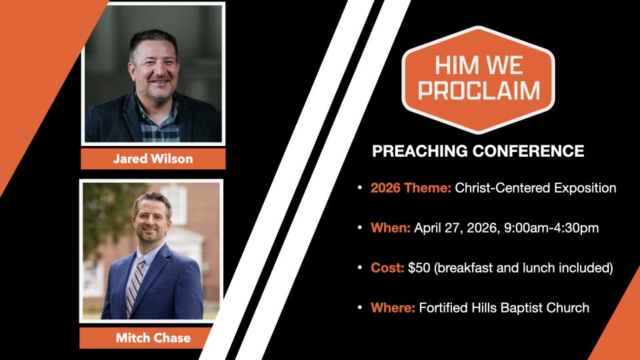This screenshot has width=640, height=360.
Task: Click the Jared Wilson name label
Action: pyautogui.click(x=153, y=159)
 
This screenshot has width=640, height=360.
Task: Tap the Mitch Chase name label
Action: pyautogui.click(x=153, y=337)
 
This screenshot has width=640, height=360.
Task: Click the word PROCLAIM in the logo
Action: pyautogui.click(x=479, y=90)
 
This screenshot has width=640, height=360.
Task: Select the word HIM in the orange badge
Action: pyautogui.click(x=452, y=65)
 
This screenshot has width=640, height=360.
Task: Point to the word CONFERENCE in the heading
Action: pyautogui.click(x=528, y=151)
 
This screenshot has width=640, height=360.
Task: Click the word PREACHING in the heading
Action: pyautogui.click(x=419, y=151)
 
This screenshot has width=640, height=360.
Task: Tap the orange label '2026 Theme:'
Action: pyautogui.click(x=411, y=188)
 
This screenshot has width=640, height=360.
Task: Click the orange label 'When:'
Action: pyautogui.click(x=390, y=227)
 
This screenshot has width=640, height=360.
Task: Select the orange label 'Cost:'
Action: pyautogui.click(x=387, y=267)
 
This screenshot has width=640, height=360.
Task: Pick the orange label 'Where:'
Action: pyautogui.click(x=393, y=307)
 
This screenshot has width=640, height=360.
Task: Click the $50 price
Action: pyautogui.click(x=419, y=267)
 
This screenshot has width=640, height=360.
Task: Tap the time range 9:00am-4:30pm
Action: pyautogui.click(x=551, y=228)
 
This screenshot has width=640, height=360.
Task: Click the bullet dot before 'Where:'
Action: pyautogui.click(x=359, y=307)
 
